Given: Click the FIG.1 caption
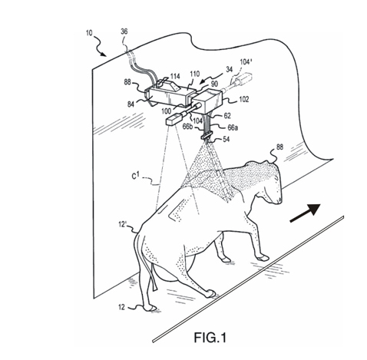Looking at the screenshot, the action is point(210,337).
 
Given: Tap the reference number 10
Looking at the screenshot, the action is point(89,33).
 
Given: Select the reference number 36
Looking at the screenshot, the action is point(124,31).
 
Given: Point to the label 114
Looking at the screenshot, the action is point(175,76).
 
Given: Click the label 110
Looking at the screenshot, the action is point(194,74).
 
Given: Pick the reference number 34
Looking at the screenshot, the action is point(229,69).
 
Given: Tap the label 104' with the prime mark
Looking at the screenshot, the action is point(246,62).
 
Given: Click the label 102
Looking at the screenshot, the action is point(243,99).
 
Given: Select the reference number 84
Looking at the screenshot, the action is point(131,104).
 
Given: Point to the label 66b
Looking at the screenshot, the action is point(187,127).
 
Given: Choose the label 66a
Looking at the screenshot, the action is point(232,127).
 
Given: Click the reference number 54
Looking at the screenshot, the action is point(226,139).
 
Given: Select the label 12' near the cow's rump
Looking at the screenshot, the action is point(122,225).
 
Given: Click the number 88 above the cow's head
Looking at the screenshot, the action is point(279,147).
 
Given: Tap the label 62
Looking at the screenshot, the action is point(227,116).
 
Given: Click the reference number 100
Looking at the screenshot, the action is point(167,111).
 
